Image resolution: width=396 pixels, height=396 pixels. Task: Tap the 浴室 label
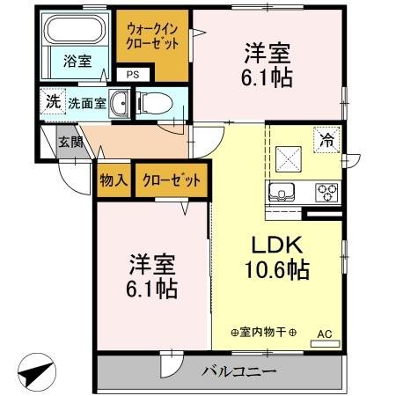coord(77,61)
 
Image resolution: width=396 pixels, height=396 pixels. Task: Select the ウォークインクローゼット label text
coord(154,36)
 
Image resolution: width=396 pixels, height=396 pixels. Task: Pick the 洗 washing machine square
coord(54,101)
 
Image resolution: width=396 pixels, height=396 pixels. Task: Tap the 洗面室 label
coord(88,103)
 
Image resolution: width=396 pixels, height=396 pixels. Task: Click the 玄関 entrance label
coord(70,142)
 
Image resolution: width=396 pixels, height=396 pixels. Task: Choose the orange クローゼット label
coord(171,180)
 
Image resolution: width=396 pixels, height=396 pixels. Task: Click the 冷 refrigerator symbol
coord(326,139)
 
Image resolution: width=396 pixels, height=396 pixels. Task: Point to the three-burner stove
coord(326,193)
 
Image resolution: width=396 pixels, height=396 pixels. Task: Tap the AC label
coord(324,334)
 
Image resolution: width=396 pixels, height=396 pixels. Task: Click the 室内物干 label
coord(263,334)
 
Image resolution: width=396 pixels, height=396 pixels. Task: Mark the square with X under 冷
coord(289,158)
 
